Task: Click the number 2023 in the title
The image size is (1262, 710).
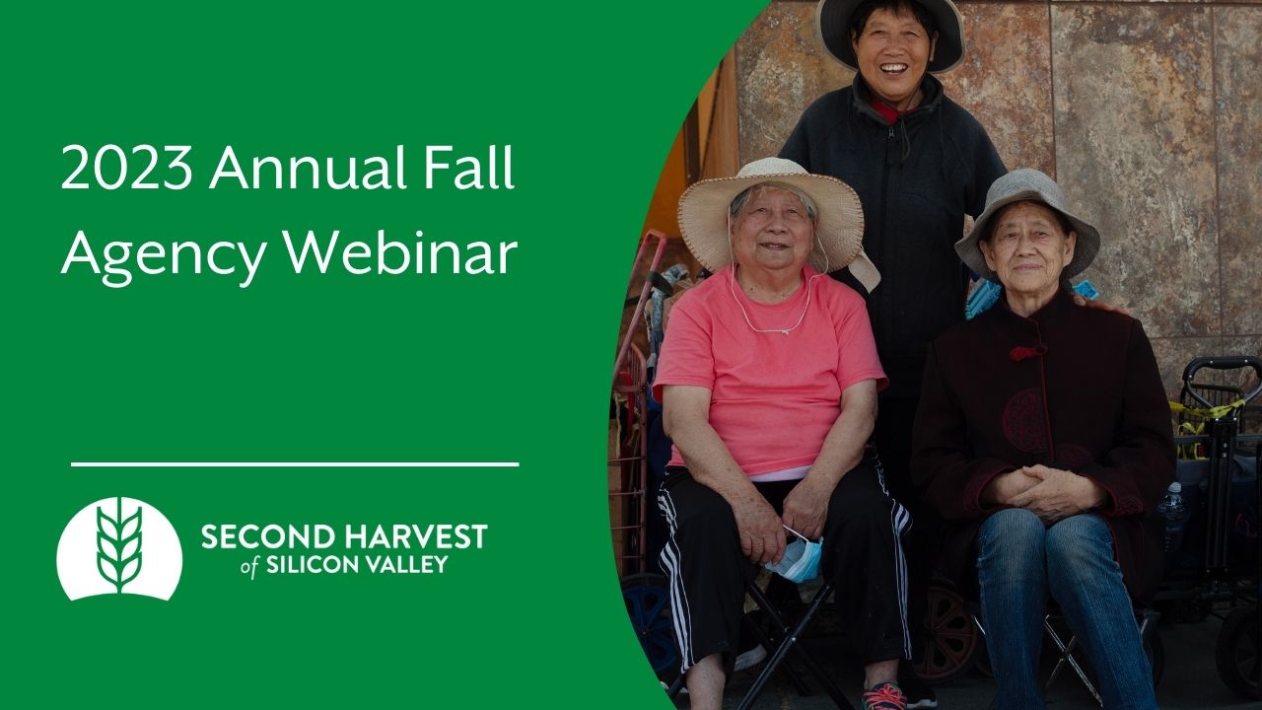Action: coord(126,170)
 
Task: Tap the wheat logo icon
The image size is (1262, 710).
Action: coord(119,548)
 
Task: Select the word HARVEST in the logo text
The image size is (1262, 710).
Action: coord(417,537)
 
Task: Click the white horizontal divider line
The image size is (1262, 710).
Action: coord(295,463)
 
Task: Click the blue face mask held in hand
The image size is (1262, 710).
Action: coord(797,557)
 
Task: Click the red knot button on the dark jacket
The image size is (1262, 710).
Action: coord(1025,352)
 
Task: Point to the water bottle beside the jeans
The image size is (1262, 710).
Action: coord(1172,513)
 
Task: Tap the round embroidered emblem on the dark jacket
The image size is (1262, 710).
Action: coord(1025,419)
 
